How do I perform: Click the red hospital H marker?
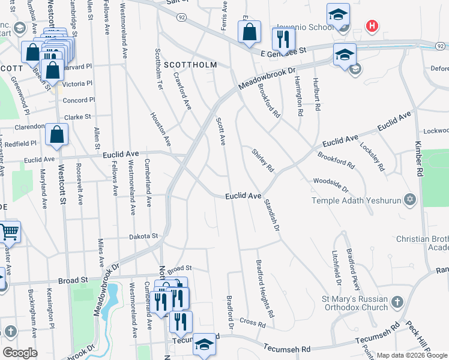373,26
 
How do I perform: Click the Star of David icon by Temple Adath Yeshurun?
411,199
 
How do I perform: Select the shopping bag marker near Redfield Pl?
56,136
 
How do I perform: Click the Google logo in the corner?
19,352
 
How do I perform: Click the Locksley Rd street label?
372,156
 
